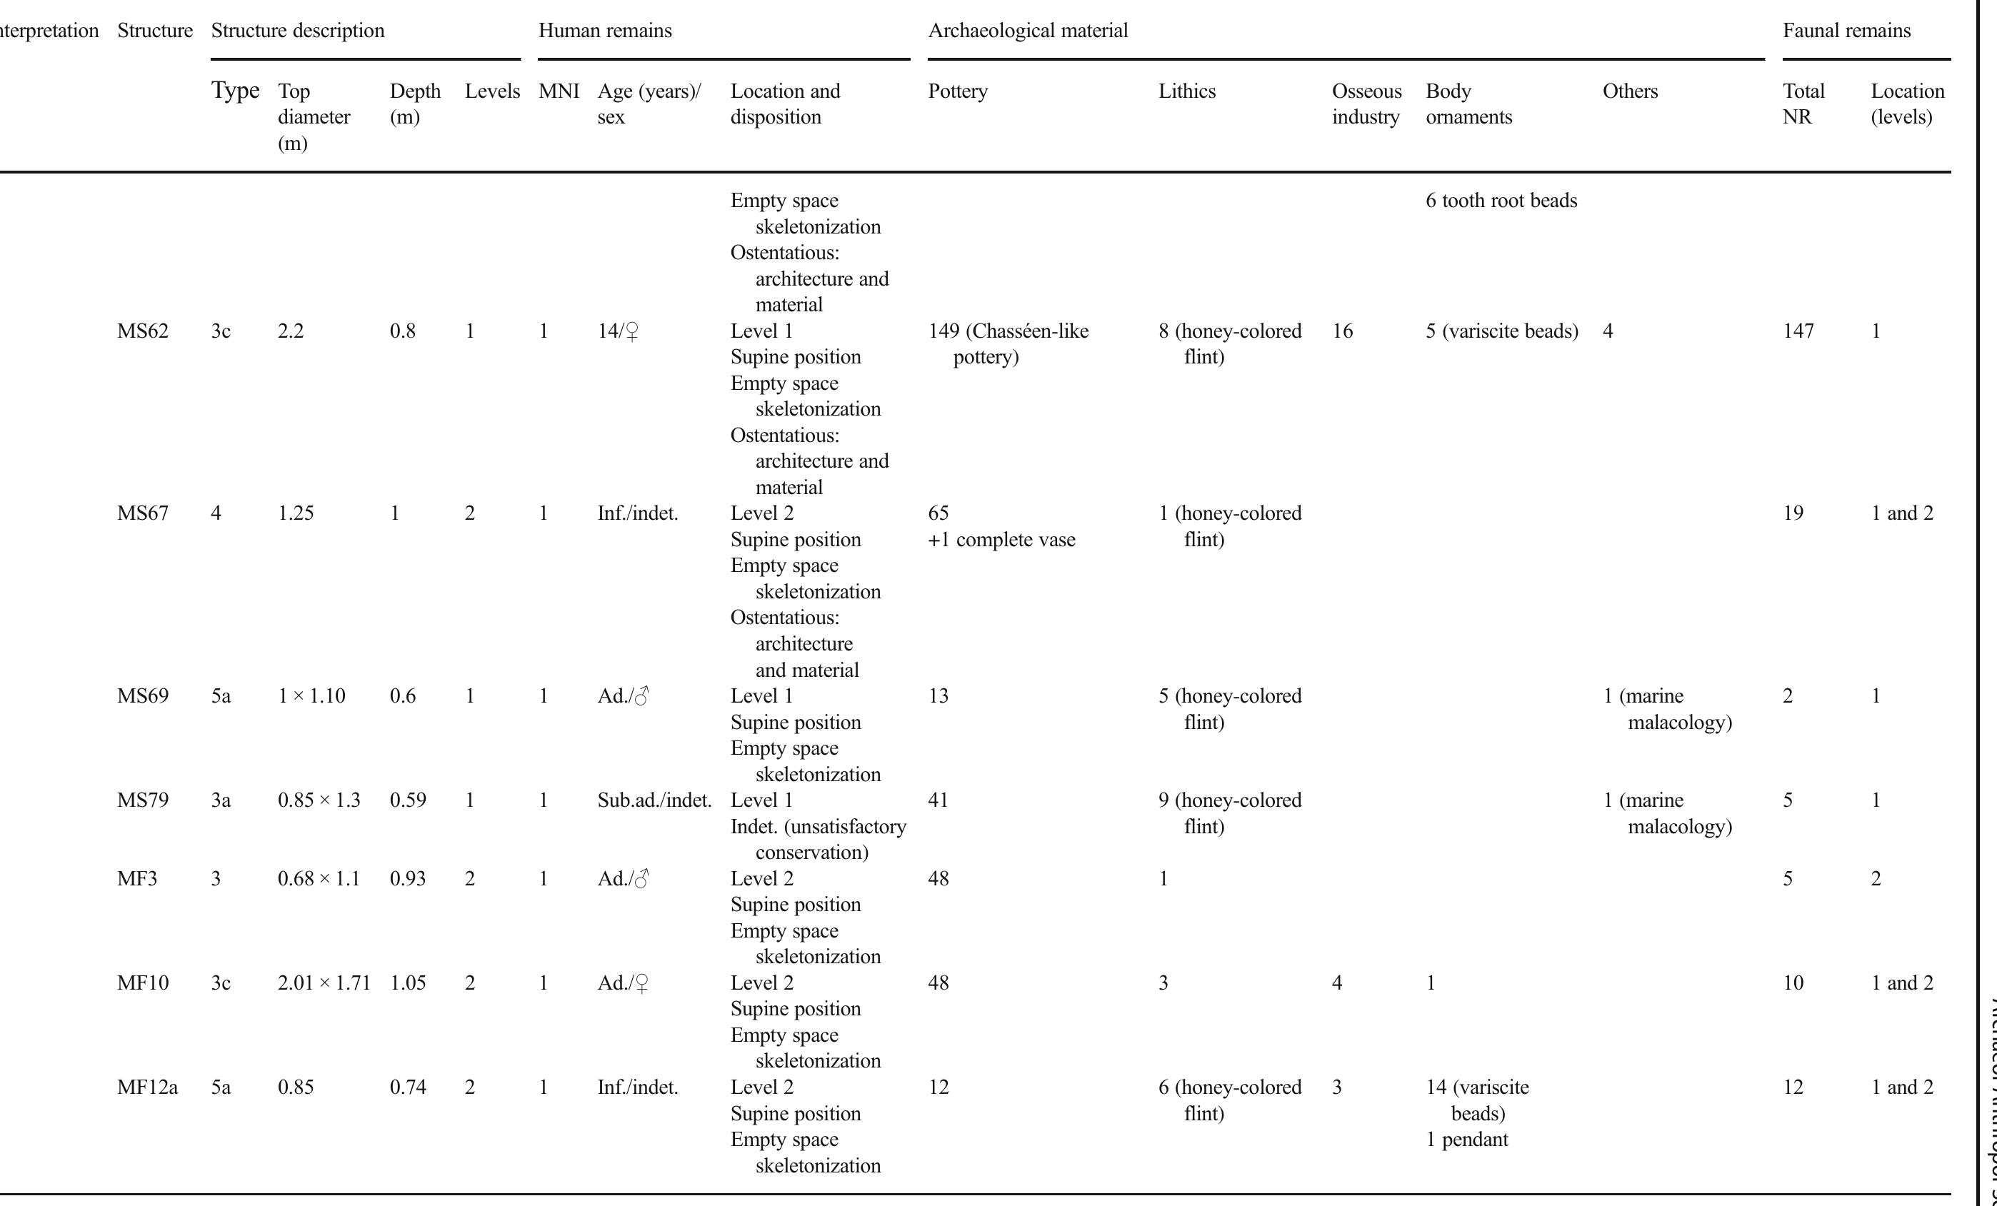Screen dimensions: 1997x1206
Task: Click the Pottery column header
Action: click(957, 91)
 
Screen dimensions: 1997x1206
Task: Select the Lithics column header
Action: click(1186, 91)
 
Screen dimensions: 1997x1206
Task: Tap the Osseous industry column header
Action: click(1366, 104)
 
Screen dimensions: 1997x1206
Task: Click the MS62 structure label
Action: click(143, 331)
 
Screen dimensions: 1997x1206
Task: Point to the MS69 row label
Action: click(143, 696)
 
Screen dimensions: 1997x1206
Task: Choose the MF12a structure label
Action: click(146, 1087)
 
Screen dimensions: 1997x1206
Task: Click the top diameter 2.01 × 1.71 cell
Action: click(324, 983)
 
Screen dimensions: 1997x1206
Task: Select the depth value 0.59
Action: click(408, 800)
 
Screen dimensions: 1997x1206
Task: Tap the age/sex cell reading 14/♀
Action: click(618, 331)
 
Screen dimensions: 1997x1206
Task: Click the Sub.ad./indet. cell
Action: click(654, 800)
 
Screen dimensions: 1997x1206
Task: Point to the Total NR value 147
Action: click(1798, 331)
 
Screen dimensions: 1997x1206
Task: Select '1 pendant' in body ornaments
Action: click(1466, 1140)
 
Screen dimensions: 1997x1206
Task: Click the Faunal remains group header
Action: click(1846, 31)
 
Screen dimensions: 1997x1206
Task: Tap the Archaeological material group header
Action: click(1027, 31)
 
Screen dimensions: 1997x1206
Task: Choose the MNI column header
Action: click(559, 91)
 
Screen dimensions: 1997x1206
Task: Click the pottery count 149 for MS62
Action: click(944, 331)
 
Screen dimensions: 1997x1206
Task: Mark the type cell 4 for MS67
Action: click(216, 514)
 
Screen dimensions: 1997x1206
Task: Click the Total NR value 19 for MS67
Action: click(1793, 514)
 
